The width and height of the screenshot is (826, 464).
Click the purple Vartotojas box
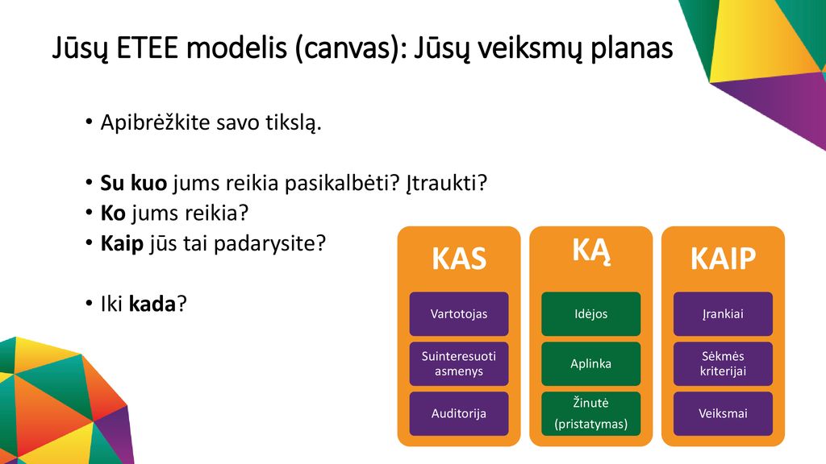(459, 314)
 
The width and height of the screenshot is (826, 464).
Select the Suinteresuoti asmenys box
(459, 363)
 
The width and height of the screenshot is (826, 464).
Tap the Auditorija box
(459, 413)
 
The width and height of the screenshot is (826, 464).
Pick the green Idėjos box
(591, 314)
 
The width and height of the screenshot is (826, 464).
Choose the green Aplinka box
(591, 363)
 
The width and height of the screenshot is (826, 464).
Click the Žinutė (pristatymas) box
(591, 413)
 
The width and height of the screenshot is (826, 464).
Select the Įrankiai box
(723, 314)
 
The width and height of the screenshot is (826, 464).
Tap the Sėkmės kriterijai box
(723, 363)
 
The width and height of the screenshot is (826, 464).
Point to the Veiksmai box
(723, 413)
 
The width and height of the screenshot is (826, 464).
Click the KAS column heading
(459, 259)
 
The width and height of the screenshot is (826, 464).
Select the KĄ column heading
(591, 251)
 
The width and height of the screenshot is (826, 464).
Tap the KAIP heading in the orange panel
(723, 259)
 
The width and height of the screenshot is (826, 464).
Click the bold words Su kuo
(134, 183)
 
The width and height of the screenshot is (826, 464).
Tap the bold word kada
(152, 304)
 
